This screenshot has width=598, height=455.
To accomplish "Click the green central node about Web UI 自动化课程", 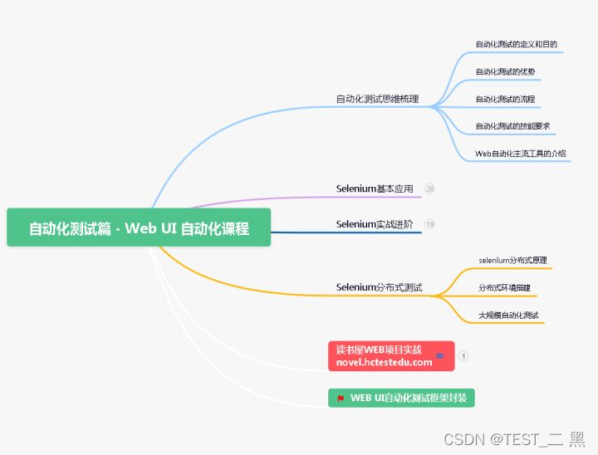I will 139,228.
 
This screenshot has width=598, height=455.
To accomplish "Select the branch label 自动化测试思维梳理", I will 377,99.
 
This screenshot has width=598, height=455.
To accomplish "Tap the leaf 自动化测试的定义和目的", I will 516,44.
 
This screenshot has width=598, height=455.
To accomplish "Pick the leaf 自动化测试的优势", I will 505,72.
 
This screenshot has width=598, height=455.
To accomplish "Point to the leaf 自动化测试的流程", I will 505,100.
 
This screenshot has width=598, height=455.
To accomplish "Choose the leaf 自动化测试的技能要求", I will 512,126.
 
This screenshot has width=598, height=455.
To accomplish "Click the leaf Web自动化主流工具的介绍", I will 520,154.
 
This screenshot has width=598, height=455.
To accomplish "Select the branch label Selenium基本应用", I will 375,188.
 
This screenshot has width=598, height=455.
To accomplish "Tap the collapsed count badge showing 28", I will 429,188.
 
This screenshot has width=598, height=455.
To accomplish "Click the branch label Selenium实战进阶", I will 375,224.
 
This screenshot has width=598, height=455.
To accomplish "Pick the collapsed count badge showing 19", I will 429,224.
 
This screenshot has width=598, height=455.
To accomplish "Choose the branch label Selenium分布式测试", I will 379,287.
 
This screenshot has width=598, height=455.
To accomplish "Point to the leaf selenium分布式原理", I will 512,261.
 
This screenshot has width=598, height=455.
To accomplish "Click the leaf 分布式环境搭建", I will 505,288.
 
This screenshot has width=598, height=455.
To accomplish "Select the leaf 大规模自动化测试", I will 508,316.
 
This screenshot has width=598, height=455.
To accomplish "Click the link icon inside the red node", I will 439,355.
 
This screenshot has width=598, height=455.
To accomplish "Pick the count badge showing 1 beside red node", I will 463,355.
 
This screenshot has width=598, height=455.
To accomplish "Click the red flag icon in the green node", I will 341,399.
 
